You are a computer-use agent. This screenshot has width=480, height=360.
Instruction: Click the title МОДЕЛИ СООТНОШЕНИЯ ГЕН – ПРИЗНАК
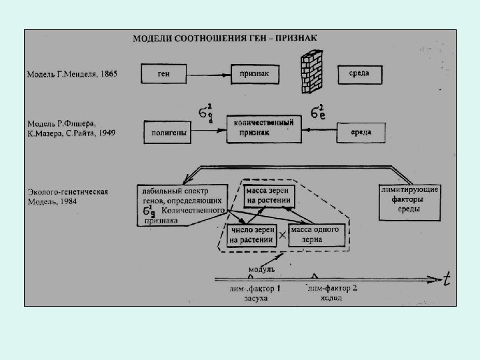pyautogui.click(x=225, y=38)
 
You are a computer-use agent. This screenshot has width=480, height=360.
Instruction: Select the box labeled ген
pyautogui.click(x=163, y=74)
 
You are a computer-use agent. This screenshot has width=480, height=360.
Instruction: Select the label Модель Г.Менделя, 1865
pyautogui.click(x=72, y=74)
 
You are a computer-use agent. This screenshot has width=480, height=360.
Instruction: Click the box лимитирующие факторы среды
pyautogui.click(x=409, y=200)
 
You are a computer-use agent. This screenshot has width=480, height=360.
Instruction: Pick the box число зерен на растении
pyautogui.click(x=252, y=235)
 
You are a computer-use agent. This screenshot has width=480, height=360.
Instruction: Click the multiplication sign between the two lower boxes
pyautogui.click(x=282, y=235)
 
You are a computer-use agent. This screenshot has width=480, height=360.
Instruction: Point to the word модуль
pyautogui.click(x=261, y=269)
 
